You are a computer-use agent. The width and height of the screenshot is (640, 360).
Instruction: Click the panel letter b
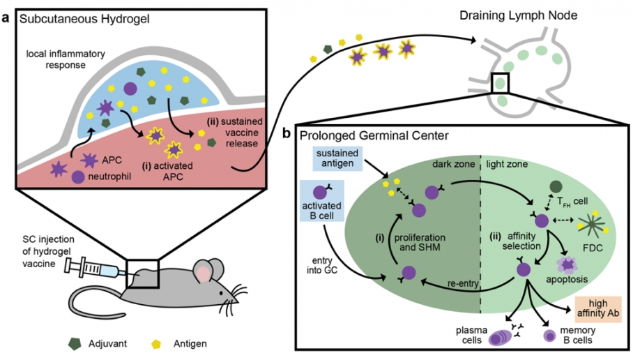point(287,132)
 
